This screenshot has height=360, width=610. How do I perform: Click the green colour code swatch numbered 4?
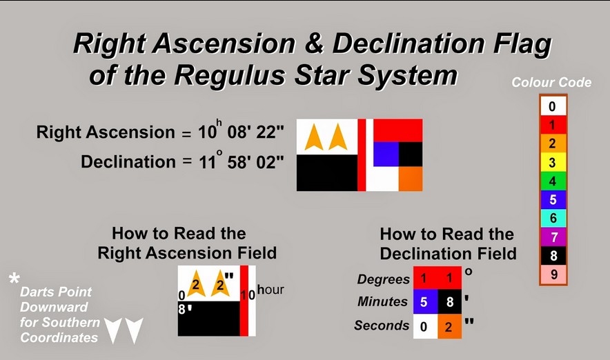tap(553, 181)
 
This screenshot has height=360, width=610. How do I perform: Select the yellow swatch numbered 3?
tap(553, 163)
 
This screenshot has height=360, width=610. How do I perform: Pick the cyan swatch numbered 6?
tap(553, 219)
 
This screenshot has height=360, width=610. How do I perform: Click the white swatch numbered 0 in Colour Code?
tap(553, 106)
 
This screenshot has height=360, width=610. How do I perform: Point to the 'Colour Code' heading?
tap(551, 82)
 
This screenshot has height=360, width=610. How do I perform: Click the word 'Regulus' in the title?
tap(223, 74)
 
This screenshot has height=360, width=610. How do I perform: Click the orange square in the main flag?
tap(410, 179)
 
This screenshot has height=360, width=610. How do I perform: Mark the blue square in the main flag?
tap(386, 153)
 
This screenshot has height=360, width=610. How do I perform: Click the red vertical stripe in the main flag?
tap(361, 155)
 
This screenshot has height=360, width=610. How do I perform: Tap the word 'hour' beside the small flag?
tap(270, 290)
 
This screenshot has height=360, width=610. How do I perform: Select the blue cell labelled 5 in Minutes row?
tap(424, 302)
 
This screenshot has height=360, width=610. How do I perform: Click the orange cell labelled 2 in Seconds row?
tap(449, 326)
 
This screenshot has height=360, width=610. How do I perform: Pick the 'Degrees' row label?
tap(384, 279)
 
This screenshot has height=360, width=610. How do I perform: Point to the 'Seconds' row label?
tap(382, 326)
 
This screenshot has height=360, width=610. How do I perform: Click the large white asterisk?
tap(14, 280)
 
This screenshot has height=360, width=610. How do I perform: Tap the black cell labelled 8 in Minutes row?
tap(449, 302)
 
